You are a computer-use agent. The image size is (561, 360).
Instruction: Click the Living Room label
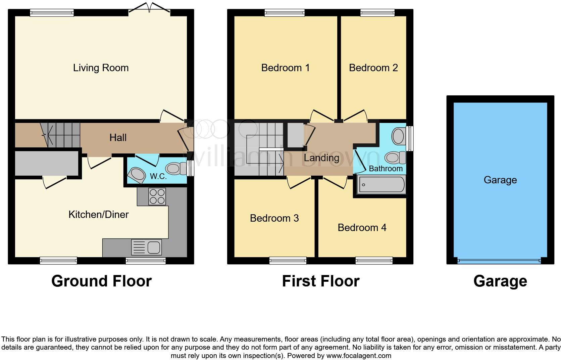click(x=101, y=68)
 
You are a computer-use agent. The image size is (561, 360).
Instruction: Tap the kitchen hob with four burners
click(x=157, y=196)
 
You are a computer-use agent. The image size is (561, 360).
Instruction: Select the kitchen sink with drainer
click(x=147, y=247)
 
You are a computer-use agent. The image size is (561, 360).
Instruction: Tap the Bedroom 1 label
click(x=285, y=68)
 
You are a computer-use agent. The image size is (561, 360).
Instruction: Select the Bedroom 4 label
click(x=362, y=228)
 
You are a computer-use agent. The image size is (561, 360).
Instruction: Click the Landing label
click(x=321, y=158)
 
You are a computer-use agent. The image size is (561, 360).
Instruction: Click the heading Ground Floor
click(x=101, y=281)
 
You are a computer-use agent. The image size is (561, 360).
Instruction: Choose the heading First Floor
click(x=320, y=281)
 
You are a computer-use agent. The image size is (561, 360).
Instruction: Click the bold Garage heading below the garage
click(x=500, y=281)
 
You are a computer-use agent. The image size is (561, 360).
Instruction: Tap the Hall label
click(x=118, y=137)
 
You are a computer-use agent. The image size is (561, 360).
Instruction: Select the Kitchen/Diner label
click(x=98, y=215)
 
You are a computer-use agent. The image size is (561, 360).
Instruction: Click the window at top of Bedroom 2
click(x=377, y=13)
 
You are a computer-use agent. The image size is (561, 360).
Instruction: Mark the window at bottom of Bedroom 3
click(x=288, y=261)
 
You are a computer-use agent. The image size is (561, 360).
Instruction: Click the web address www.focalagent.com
click(x=358, y=356)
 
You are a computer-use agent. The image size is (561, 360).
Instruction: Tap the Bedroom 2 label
click(x=373, y=68)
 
